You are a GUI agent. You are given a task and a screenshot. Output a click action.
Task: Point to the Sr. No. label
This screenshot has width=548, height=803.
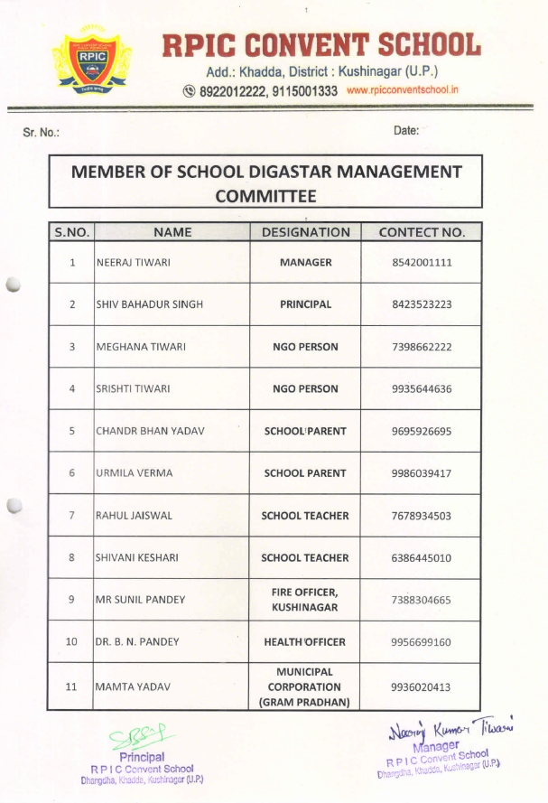(x=41, y=133)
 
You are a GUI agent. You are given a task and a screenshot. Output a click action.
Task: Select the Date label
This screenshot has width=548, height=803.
(x=406, y=131)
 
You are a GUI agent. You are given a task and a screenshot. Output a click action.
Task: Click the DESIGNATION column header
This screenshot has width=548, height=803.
(x=305, y=232)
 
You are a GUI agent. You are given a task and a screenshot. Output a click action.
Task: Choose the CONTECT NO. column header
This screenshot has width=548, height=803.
(x=422, y=232)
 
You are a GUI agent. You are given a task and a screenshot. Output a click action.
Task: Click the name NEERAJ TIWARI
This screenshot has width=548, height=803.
(x=134, y=263)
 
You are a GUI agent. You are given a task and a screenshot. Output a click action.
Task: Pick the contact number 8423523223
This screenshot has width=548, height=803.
(x=422, y=304)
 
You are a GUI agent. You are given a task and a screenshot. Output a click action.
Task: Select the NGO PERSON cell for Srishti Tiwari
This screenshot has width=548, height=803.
(x=305, y=389)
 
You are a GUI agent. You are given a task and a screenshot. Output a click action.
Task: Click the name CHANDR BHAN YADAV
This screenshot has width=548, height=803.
(x=150, y=431)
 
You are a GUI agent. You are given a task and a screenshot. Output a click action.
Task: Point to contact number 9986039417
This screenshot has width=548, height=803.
(x=422, y=473)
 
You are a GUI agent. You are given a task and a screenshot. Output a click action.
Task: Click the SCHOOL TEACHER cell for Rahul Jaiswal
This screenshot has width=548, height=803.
(x=305, y=516)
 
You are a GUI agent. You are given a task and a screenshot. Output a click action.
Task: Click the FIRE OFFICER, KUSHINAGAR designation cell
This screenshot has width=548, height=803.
(x=305, y=600)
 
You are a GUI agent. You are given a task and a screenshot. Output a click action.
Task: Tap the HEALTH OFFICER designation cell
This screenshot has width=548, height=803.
(x=305, y=642)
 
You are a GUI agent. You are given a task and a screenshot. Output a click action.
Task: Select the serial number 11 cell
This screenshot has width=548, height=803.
(x=71, y=687)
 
